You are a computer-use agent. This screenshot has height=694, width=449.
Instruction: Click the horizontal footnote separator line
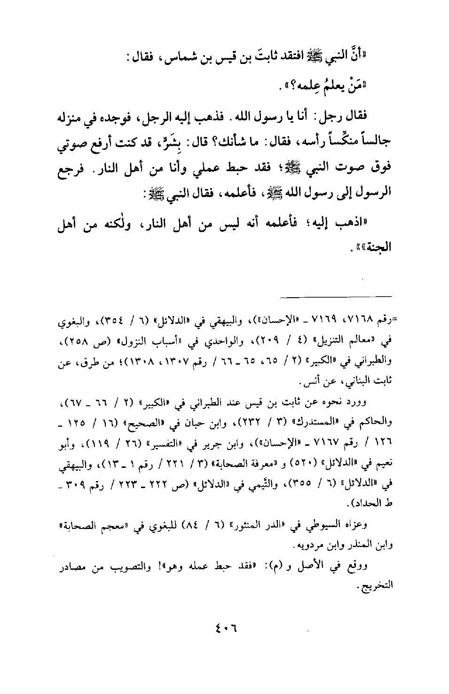[x=336, y=296]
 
